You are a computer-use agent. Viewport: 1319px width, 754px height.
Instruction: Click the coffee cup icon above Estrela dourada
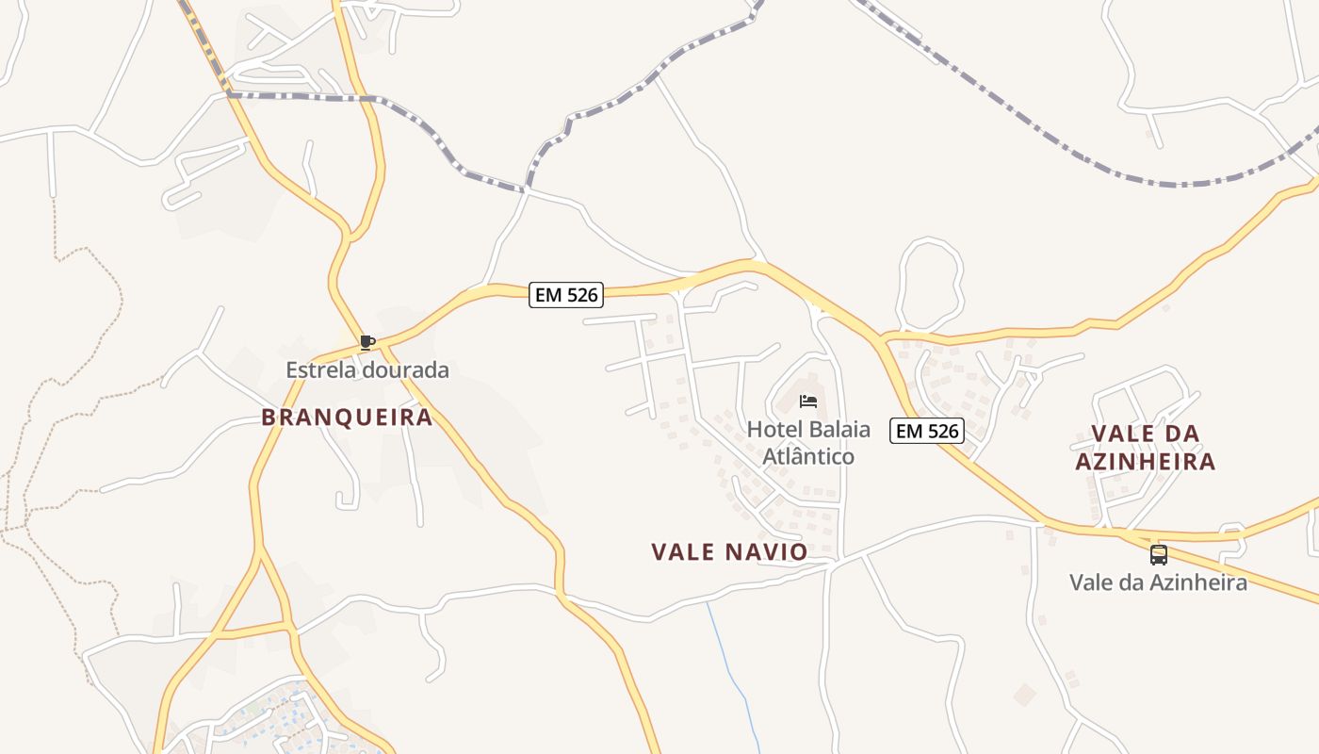point(367,342)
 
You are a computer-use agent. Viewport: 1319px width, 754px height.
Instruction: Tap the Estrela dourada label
point(367,369)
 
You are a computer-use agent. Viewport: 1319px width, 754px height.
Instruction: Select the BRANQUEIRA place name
point(347,417)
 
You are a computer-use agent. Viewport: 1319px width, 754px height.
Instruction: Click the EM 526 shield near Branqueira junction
point(565,295)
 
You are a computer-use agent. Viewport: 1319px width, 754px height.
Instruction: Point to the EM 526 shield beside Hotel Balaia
point(928,431)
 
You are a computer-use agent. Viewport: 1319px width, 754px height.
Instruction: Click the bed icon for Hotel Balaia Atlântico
point(808,402)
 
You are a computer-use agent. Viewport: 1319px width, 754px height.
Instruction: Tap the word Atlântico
point(808,456)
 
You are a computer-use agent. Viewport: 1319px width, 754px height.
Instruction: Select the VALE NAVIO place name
point(729,551)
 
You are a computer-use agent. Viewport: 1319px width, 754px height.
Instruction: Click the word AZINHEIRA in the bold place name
point(1145,462)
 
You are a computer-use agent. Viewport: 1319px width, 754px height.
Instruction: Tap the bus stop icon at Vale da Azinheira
point(1159,554)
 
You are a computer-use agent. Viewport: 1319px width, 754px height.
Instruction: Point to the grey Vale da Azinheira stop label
point(1158,582)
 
